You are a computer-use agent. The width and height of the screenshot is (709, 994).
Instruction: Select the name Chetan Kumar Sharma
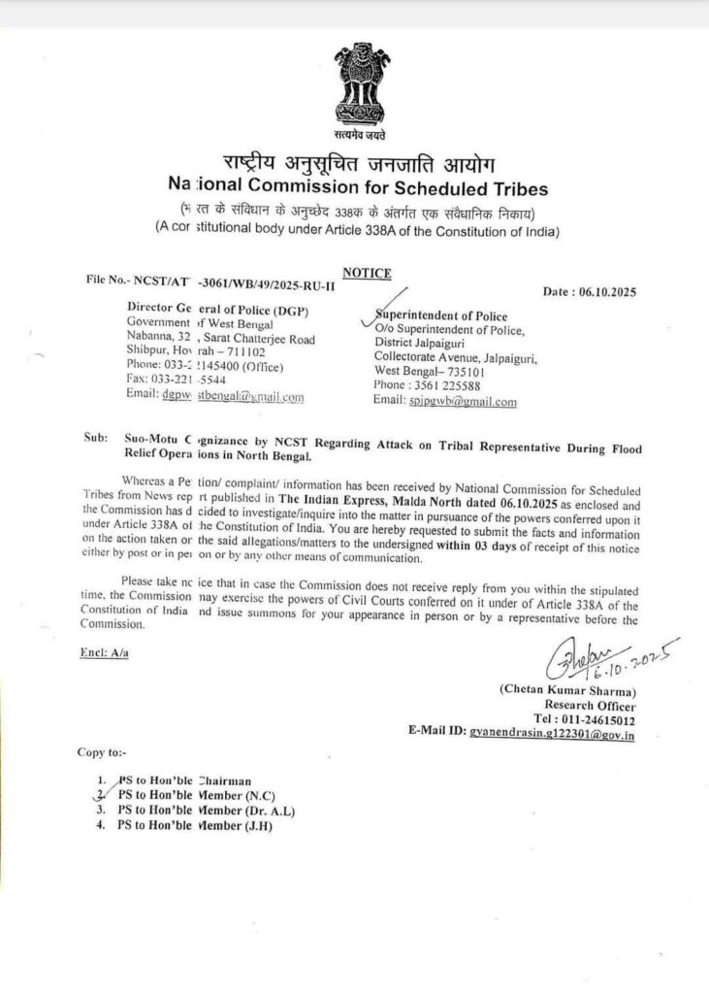point(566,690)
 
